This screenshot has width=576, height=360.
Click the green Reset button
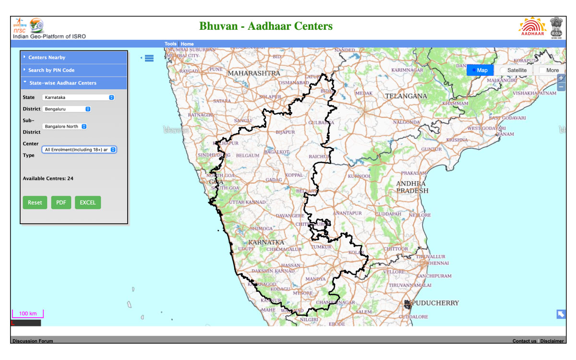35,203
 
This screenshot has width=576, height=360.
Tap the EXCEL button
88,203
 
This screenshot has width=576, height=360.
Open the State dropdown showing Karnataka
78,97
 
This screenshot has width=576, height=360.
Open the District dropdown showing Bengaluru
67,109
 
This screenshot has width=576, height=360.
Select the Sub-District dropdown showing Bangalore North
65,127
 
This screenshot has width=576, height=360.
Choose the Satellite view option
514,70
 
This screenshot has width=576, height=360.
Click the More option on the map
549,70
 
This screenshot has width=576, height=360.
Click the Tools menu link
170,44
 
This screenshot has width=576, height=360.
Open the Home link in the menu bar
187,44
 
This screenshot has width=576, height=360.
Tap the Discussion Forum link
33,341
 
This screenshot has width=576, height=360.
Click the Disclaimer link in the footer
552,341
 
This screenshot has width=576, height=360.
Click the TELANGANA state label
406,96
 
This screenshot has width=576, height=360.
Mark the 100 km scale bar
28,314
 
